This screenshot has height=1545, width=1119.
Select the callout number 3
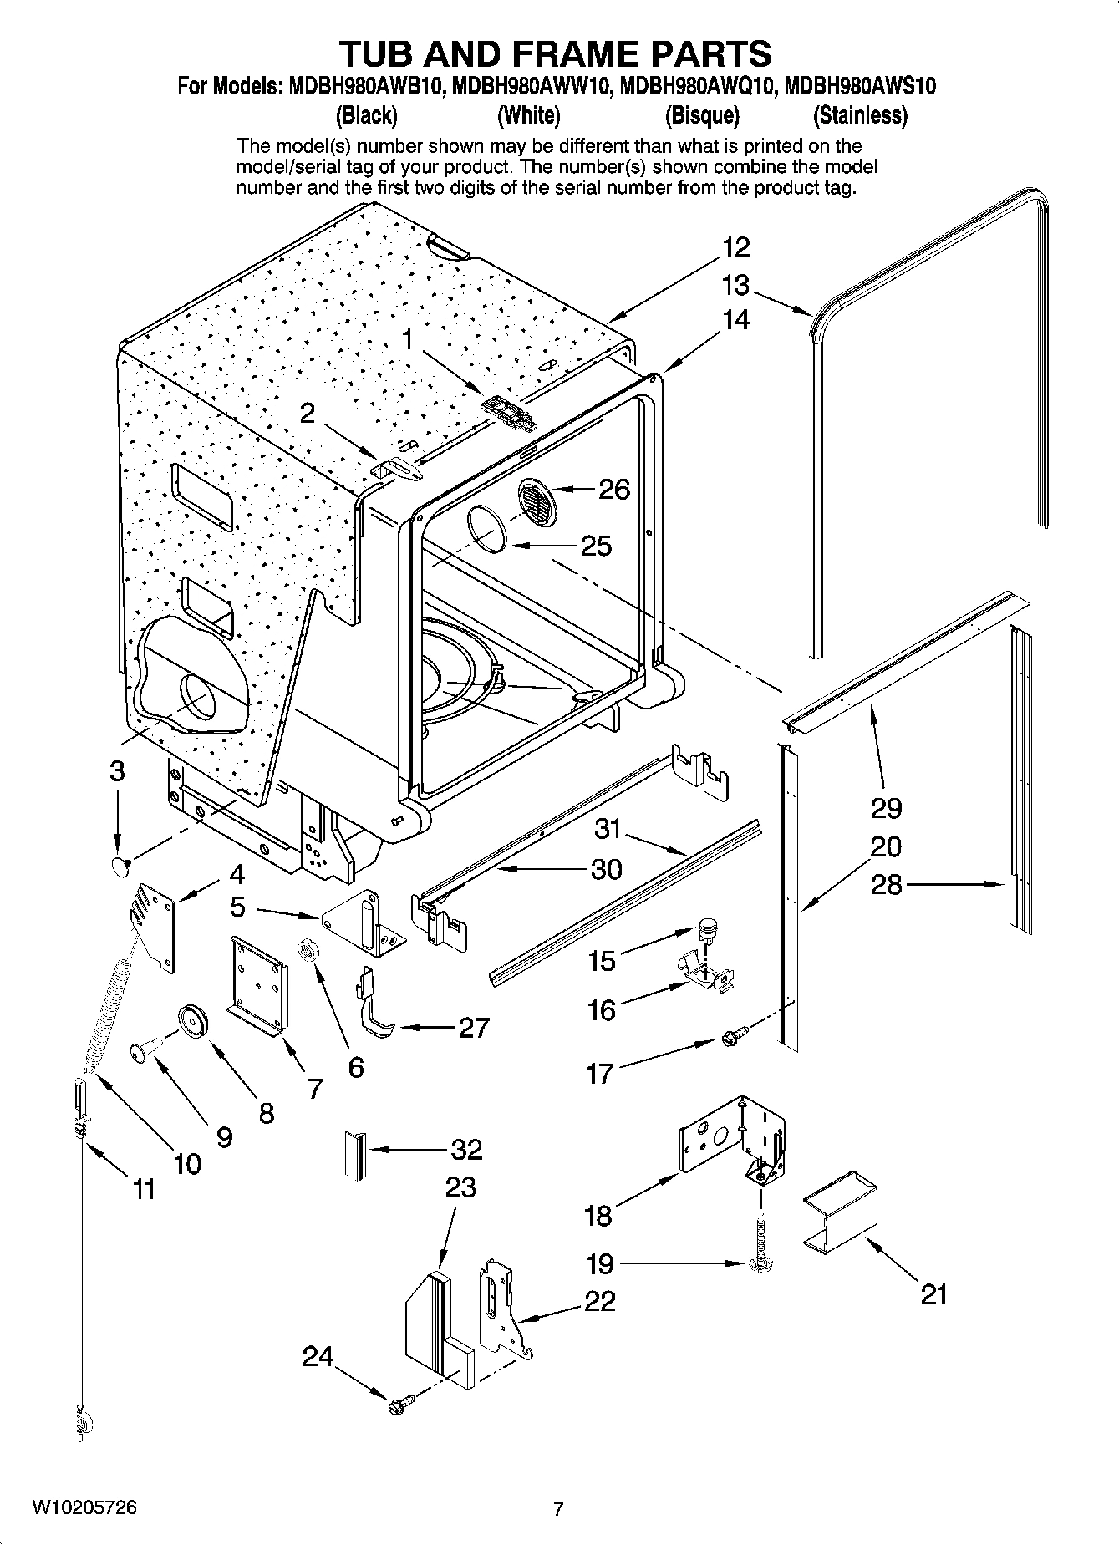tap(117, 770)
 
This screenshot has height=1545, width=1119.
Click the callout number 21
tap(934, 1294)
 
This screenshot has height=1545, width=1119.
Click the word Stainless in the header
tap(861, 115)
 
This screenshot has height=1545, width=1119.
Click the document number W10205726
tap(84, 1508)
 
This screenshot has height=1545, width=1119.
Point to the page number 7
tap(558, 1508)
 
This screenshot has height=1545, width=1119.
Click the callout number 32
tap(466, 1150)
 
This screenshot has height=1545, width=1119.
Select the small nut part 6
tap(307, 950)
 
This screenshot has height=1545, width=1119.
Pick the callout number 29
tap(886, 808)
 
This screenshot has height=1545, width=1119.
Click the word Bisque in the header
tap(702, 115)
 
